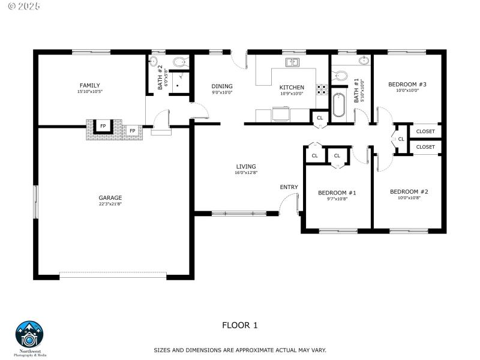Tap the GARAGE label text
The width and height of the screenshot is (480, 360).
(x=110, y=197)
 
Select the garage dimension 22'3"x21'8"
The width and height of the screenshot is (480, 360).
(x=110, y=205)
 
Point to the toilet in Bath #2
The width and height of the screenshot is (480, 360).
(x=179, y=61)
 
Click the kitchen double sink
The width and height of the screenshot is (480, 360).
(x=293, y=62)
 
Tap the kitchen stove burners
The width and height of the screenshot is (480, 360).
(x=322, y=90)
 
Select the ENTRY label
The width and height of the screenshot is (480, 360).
(x=289, y=187)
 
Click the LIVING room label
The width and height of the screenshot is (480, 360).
(x=246, y=166)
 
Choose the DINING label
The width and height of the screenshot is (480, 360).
(x=222, y=86)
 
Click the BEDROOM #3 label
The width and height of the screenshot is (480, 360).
(x=407, y=84)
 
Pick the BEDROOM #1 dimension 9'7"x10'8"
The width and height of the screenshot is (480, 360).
(x=337, y=199)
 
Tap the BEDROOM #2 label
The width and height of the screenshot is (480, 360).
(x=409, y=191)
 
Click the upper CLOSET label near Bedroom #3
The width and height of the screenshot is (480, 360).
(x=425, y=131)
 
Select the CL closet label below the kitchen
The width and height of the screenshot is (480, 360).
(x=320, y=118)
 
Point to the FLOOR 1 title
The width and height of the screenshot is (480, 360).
(x=240, y=325)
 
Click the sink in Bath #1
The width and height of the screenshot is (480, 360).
(x=364, y=61)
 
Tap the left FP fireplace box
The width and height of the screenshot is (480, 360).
(x=103, y=126)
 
